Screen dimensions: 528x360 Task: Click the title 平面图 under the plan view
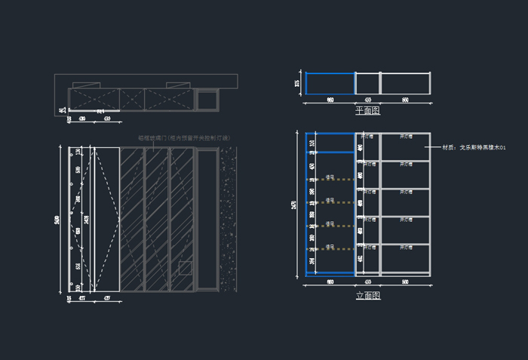pos(367,111)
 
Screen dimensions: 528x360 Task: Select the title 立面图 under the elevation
pos(367,296)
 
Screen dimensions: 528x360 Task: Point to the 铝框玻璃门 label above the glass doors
pos(183,138)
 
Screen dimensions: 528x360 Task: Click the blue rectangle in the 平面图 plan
pos(330,84)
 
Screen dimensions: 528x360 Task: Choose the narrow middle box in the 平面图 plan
pos(367,84)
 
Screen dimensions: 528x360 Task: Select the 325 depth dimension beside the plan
pos(297,83)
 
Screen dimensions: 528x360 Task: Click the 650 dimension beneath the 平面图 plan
pos(330,100)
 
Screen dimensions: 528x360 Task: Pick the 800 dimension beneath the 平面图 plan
pos(405,100)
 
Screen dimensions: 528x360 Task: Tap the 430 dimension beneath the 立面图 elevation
pos(367,282)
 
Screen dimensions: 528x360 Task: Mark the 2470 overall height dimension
pos(295,205)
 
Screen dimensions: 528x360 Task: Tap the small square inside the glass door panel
pos(185,267)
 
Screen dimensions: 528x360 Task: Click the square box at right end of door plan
pos(207,99)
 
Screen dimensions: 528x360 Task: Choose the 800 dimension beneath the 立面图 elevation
pos(405,282)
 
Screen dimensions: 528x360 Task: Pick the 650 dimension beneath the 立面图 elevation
pos(330,282)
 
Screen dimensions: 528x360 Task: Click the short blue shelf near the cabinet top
pos(330,152)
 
